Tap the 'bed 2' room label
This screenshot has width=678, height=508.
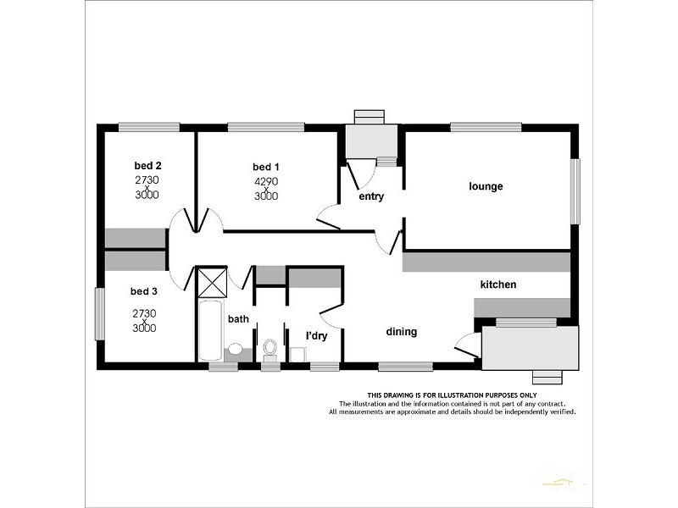[x=147, y=165]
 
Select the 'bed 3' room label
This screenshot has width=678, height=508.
[x=144, y=291]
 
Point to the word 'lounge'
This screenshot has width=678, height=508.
[x=486, y=186]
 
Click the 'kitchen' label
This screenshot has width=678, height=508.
[x=498, y=284]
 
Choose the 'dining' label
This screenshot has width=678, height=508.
[x=402, y=332]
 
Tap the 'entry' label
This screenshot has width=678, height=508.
[x=371, y=196]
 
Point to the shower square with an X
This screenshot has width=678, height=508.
[x=212, y=280]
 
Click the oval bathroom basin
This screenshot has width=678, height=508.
[x=235, y=349]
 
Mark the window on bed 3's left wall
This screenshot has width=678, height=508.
[x=99, y=314]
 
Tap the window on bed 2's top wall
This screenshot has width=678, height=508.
[x=148, y=127]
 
